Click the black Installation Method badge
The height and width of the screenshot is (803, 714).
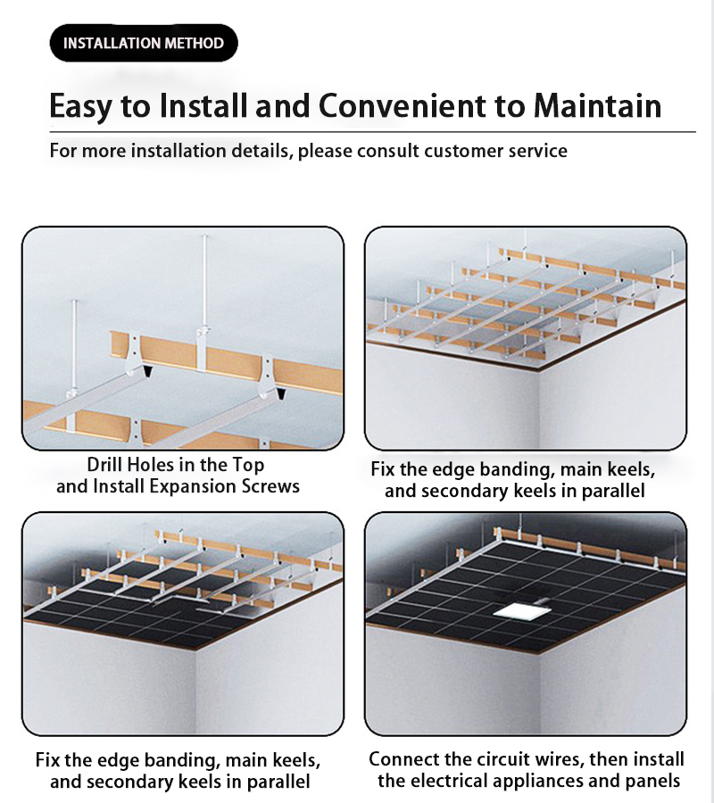tap(144, 43)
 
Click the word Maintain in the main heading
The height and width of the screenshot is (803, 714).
tap(597, 105)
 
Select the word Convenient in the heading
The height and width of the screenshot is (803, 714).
tap(403, 105)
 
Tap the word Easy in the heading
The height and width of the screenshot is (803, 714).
tap(80, 106)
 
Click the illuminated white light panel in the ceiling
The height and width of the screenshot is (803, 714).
tap(522, 610)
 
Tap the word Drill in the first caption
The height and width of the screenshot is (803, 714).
tap(104, 465)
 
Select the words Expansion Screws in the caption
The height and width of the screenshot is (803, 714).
tap(224, 486)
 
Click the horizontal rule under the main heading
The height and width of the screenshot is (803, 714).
tap(372, 132)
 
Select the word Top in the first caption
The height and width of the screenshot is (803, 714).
tap(248, 465)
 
